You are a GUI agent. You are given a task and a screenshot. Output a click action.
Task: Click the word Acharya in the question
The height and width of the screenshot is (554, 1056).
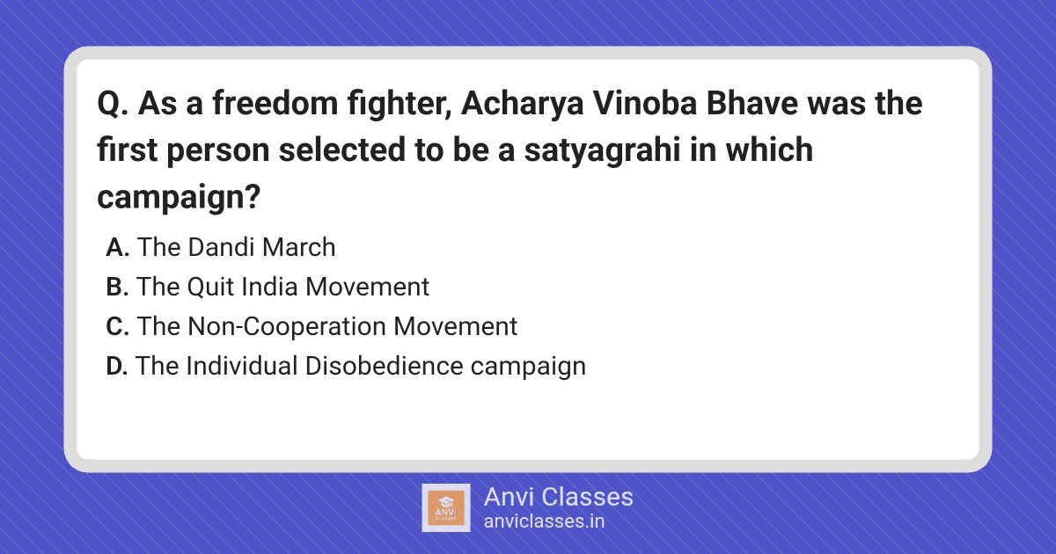click(522, 105)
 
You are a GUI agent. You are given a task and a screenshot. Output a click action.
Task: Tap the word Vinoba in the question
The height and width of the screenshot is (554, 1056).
click(645, 103)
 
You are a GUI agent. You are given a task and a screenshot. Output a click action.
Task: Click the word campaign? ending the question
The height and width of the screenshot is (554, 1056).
click(179, 198)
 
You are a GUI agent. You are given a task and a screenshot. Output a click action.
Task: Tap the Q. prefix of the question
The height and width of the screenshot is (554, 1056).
click(113, 104)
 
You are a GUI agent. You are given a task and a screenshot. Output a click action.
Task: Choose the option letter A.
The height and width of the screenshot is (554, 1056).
click(117, 247)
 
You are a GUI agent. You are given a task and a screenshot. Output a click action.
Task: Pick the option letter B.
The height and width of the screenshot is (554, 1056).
click(117, 287)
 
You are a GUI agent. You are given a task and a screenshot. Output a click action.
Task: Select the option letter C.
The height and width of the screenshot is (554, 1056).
click(117, 326)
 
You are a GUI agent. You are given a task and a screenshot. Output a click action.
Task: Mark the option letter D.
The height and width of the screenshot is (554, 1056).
click(116, 366)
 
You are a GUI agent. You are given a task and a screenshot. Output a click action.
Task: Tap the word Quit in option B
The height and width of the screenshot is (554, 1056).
click(210, 287)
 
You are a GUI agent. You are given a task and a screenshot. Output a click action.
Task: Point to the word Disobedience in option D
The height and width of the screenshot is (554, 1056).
click(384, 366)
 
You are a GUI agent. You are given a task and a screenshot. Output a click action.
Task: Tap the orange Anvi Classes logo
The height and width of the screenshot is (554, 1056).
click(445, 508)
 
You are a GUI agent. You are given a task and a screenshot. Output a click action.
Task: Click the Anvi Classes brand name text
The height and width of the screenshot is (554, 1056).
click(558, 497)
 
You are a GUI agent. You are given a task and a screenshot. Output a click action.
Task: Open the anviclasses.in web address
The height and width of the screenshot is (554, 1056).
click(544, 521)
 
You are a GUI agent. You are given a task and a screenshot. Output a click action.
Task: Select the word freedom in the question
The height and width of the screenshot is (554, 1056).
click(275, 103)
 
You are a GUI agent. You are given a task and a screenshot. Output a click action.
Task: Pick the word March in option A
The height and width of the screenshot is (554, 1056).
click(298, 247)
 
